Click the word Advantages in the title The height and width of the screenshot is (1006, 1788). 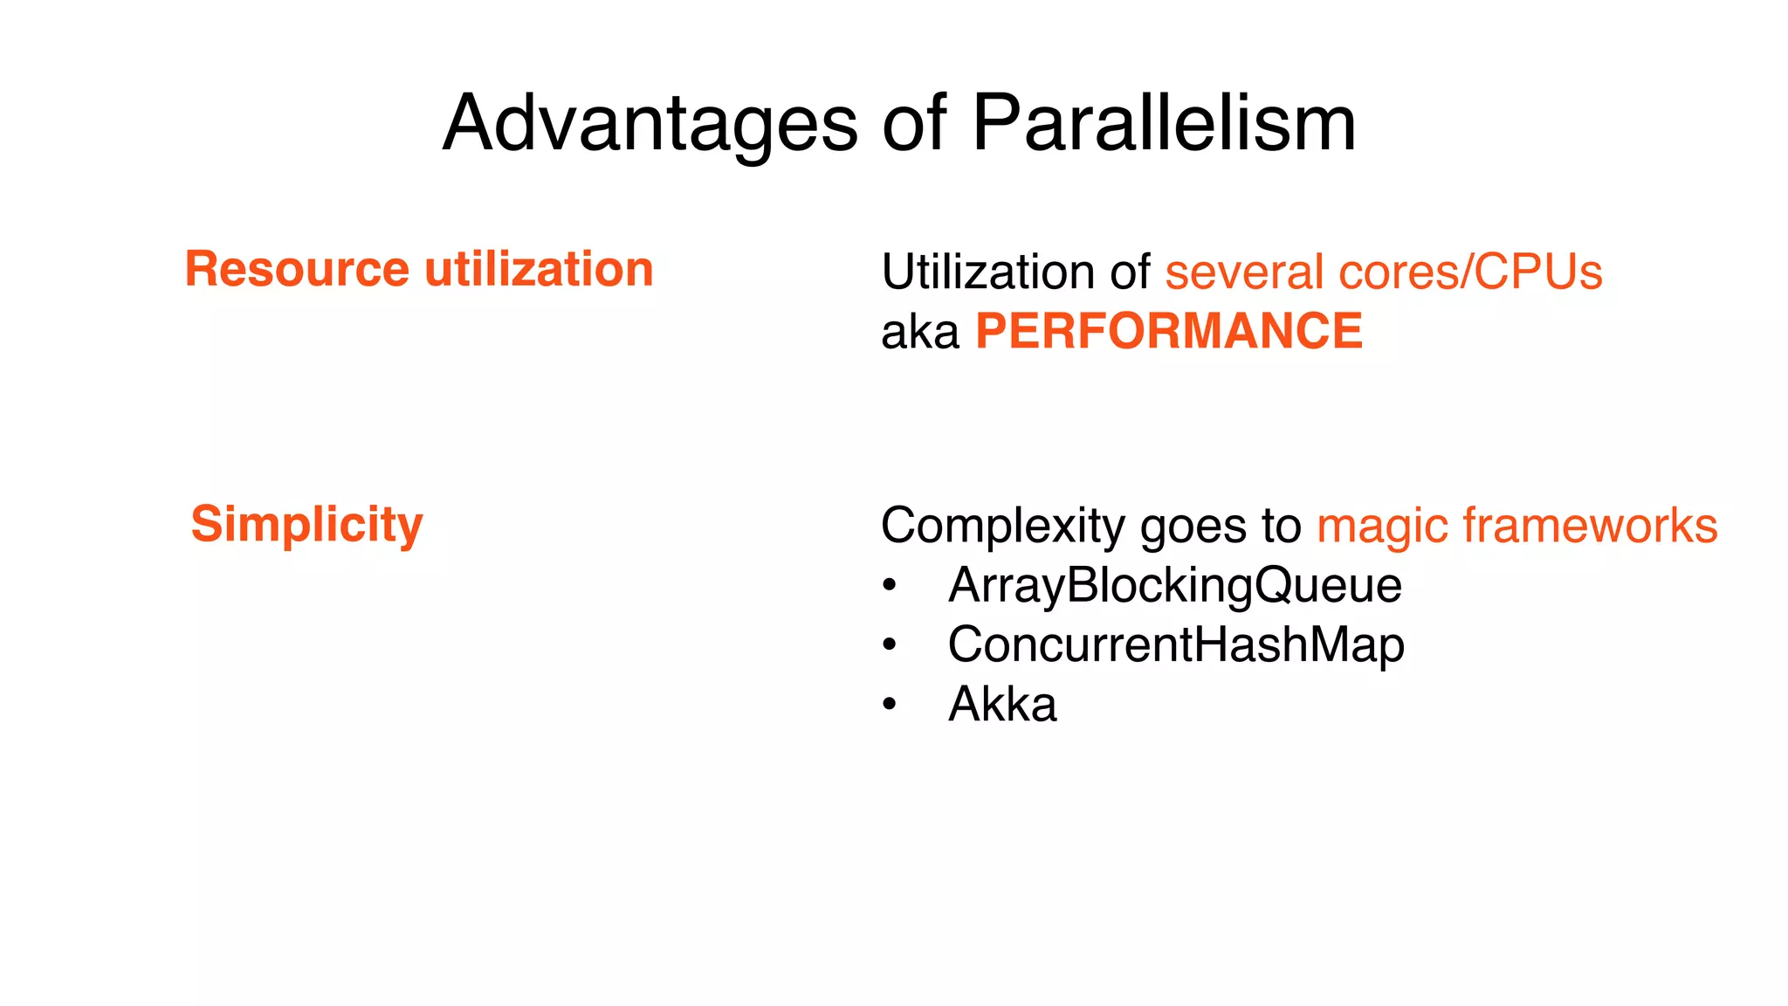point(650,124)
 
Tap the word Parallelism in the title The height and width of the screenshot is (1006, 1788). point(1164,124)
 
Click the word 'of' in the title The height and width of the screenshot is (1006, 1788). point(914,124)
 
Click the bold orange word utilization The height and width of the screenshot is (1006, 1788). point(539,269)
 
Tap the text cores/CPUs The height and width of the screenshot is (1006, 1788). point(1470,272)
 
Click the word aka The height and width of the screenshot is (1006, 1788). point(919,333)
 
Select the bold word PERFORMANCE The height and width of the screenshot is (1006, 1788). point(1168,332)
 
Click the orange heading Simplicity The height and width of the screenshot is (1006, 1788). point(306,525)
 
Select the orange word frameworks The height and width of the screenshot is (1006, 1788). point(1590,526)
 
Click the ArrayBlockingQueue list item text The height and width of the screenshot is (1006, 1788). point(1174,586)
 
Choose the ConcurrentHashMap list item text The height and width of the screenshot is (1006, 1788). point(1176,645)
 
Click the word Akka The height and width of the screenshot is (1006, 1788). point(1002,704)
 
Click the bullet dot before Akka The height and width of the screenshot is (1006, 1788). point(889,705)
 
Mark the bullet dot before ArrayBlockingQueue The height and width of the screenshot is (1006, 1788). point(889,586)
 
